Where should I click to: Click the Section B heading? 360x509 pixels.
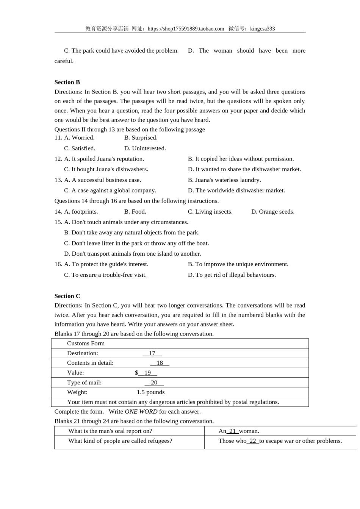coord(67,82)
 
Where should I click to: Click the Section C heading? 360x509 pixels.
coord(67,296)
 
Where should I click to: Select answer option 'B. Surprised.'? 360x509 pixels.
coord(141,138)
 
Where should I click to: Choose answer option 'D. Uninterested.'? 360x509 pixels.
coord(145,148)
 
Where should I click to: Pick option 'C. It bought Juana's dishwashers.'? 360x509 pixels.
coord(106,169)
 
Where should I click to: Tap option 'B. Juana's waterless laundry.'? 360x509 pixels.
coord(224,180)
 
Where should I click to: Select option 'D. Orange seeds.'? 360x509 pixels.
coord(272,212)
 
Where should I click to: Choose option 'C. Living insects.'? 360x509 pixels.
coord(210,212)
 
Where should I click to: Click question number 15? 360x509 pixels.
coord(58,222)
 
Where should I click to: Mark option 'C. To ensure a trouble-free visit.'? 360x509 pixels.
coord(105,275)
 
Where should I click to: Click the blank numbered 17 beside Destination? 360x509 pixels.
coord(152,353)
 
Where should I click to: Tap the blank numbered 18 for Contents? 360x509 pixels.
coord(160,363)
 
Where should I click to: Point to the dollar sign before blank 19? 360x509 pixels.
coord(136,373)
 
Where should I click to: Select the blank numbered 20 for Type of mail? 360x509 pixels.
coord(154,383)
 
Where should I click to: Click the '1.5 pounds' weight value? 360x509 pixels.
coord(150,392)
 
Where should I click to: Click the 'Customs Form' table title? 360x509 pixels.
coord(86,343)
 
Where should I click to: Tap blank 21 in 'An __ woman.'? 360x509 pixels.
coord(233,431)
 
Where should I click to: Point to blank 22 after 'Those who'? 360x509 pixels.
coord(253,441)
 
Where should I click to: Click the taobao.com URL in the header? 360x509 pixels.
coord(186,29)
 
